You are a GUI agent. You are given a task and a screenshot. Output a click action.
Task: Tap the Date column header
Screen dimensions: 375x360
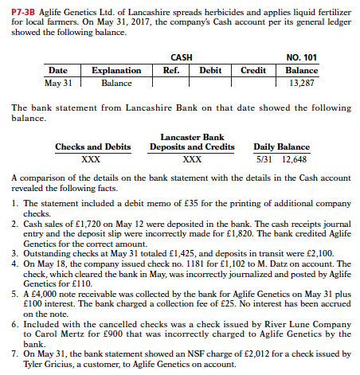click(58, 70)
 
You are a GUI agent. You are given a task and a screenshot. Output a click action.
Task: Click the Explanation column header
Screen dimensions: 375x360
click(116, 70)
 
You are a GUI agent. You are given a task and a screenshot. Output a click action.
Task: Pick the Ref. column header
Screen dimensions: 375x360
click(170, 70)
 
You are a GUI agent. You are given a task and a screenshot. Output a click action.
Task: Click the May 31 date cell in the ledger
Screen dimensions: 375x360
click(58, 82)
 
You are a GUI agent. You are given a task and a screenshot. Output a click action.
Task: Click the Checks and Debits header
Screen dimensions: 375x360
click(92, 146)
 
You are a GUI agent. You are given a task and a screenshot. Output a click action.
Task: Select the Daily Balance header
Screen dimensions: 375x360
click(281, 146)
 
